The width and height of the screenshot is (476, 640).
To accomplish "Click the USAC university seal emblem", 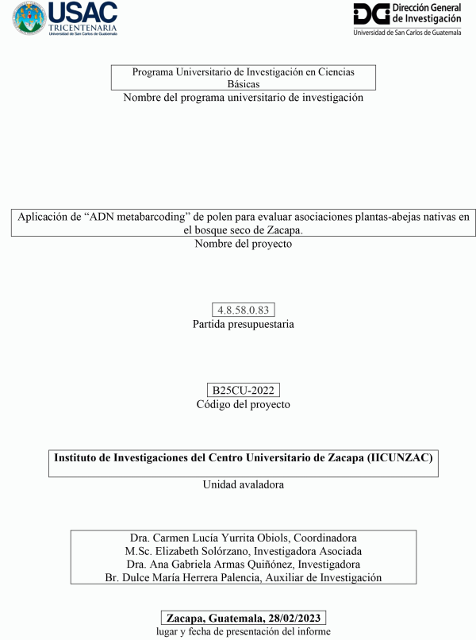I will coord(29,17).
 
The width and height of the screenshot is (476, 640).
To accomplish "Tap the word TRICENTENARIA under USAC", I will coord(83,26).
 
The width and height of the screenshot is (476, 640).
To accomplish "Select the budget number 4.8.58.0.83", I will coord(244,310).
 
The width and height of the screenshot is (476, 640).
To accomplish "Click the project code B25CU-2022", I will coord(243,391).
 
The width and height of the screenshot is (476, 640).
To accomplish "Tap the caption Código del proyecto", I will coord(243,404).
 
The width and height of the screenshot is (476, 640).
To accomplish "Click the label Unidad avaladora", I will coord(243,484).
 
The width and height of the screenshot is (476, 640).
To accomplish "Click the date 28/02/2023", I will coord(295,618).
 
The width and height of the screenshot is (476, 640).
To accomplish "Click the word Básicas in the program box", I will coord(243,83).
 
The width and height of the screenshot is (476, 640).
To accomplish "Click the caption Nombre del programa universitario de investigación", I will coord(243,98).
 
